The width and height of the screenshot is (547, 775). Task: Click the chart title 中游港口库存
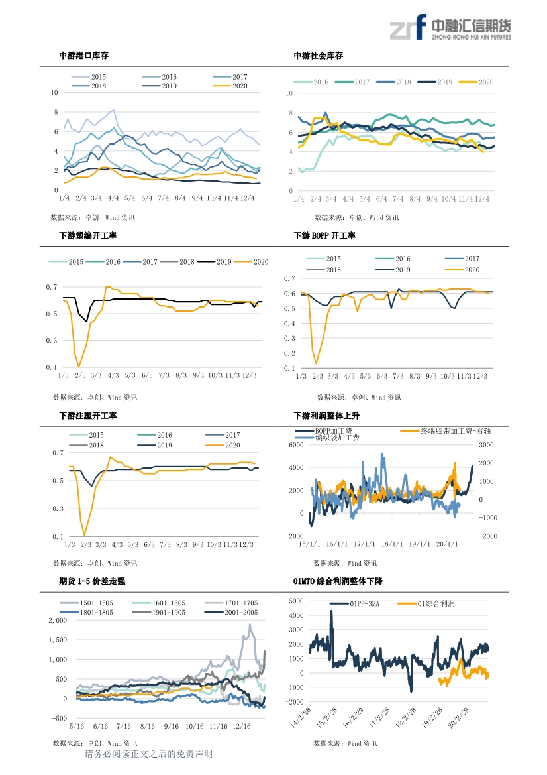[x=84, y=56]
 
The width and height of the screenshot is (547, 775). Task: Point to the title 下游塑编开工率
[x=88, y=236]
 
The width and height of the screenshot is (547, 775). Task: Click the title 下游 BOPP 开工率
[x=324, y=236]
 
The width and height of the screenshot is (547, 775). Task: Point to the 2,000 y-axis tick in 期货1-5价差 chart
[x=58, y=621]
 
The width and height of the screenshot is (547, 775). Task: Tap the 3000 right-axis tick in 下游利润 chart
[x=486, y=446]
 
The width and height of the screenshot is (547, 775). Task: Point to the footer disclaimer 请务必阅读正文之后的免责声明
[x=148, y=754]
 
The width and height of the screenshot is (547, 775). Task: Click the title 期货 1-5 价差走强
[x=92, y=581]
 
